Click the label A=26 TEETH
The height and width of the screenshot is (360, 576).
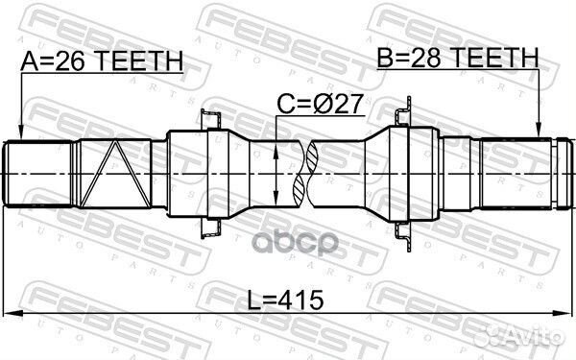tap(101, 62)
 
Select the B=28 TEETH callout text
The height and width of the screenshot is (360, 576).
tap(457, 60)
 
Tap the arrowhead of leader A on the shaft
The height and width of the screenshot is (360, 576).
tap(20, 136)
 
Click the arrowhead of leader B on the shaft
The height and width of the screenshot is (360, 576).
tap(540, 136)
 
